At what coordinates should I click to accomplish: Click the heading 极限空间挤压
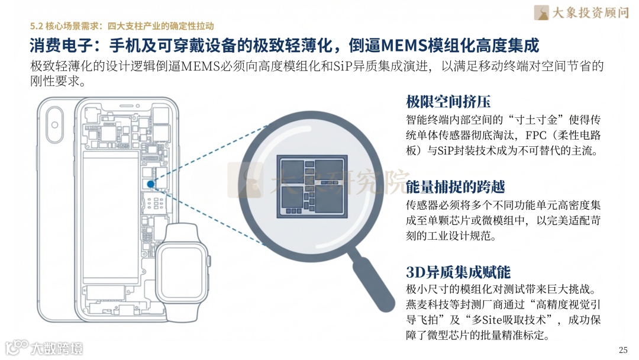click(448, 101)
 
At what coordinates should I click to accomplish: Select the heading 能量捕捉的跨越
click(455, 187)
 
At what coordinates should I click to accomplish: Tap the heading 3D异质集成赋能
click(458, 272)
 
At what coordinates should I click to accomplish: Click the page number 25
click(623, 350)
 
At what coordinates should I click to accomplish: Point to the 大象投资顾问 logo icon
click(541, 12)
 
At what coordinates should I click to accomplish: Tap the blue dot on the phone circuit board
click(150, 184)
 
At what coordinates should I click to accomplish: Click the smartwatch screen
click(182, 272)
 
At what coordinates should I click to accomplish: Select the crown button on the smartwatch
click(209, 261)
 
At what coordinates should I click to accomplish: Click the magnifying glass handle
click(372, 279)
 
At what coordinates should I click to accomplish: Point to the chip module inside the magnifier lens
click(312, 187)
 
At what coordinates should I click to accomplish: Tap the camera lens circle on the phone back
click(54, 125)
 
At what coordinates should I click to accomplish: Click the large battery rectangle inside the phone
click(111, 217)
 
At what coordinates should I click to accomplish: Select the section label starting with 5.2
click(122, 26)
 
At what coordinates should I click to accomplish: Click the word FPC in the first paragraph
click(535, 135)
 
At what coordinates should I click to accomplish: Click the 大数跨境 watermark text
click(57, 349)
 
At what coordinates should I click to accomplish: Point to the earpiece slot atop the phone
click(127, 106)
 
